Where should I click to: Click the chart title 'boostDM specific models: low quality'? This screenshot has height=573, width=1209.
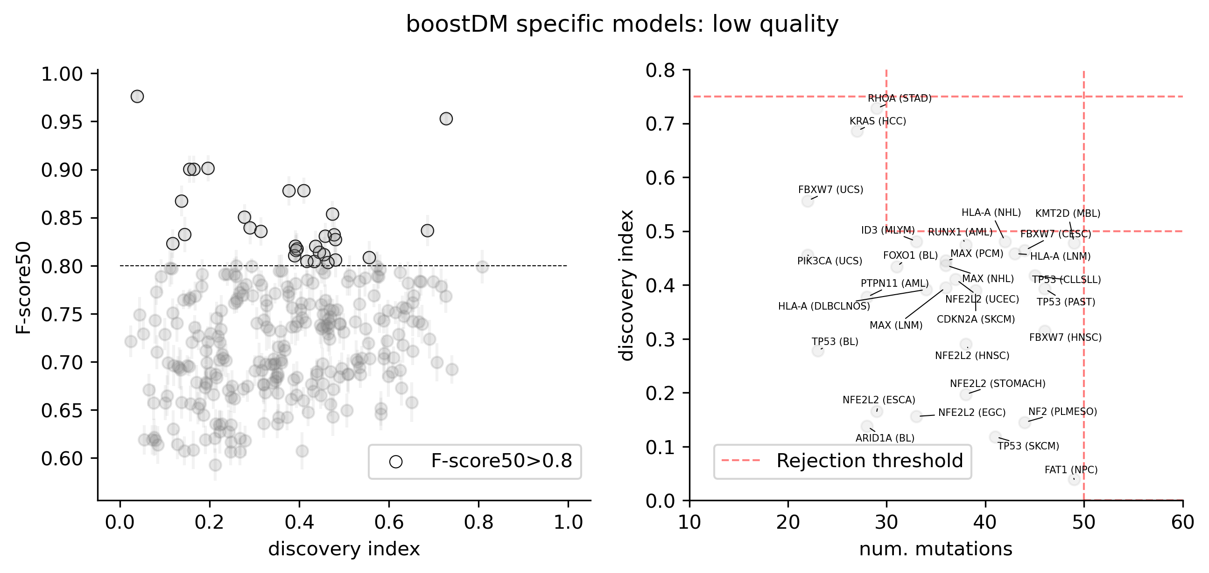[x=622, y=24]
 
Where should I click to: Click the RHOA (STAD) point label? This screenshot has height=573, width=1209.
[x=899, y=98]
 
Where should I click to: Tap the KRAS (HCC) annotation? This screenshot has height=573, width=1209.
[x=878, y=121]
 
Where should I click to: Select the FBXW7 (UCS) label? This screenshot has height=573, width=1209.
[x=831, y=190]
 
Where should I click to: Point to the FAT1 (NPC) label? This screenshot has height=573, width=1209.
[x=1071, y=470]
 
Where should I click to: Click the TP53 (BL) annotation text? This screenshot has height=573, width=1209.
[x=835, y=342]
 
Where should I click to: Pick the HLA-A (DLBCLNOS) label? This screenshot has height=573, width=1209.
[x=824, y=307]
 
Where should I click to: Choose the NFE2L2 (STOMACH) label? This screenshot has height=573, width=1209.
[x=998, y=384]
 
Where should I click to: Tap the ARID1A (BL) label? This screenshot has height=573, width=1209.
[x=885, y=438]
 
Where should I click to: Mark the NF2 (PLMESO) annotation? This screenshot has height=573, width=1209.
[x=1062, y=412]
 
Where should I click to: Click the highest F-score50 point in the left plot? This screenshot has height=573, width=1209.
[x=137, y=97]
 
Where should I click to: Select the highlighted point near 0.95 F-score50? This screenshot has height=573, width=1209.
[x=446, y=118]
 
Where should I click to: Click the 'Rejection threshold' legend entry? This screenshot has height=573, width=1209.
[x=869, y=461]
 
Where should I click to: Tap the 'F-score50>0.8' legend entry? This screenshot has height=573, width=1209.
[x=501, y=462]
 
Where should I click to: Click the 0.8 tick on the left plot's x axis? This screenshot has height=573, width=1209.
[x=479, y=522]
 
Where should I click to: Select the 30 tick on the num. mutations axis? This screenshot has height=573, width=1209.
[x=886, y=522]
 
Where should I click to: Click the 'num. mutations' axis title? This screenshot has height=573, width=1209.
[x=935, y=549]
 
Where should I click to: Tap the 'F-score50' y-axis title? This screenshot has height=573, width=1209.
[x=23, y=288]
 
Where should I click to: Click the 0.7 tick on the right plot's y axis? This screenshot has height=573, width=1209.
[x=661, y=124]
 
